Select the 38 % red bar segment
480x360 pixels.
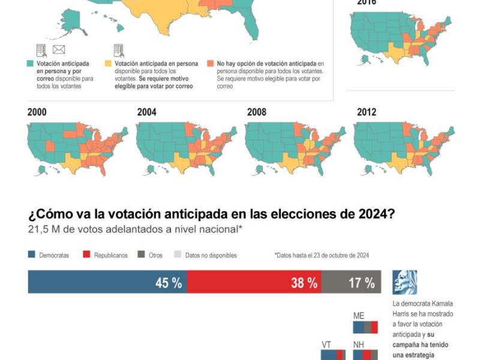[254, 282]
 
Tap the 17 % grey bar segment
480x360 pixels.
[351, 282]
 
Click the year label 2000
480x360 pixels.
[38, 112]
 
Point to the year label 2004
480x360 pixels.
[147, 112]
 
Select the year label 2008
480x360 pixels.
[257, 112]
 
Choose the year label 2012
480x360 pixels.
[367, 112]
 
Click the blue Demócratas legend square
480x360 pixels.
[31, 255]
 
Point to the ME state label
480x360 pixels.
[359, 316]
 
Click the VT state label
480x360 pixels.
[327, 345]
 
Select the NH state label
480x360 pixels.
[359, 345]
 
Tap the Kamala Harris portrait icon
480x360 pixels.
[405, 282]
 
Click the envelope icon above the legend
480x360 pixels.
[59, 50]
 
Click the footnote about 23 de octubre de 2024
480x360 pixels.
[322, 255]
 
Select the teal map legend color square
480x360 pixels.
[30, 63]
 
